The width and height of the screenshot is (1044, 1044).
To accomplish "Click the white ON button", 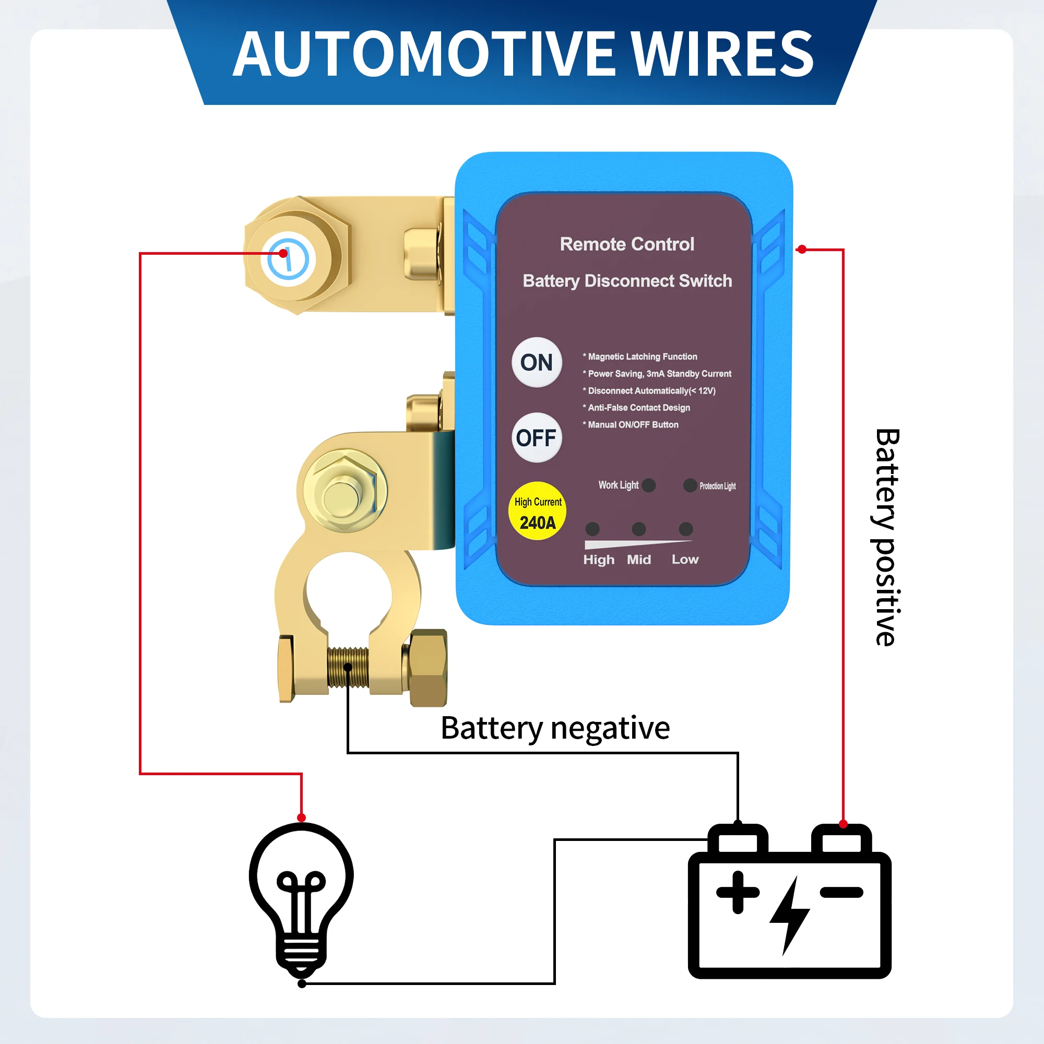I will click(537, 363).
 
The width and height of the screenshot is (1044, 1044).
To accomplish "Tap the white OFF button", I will click(537, 438).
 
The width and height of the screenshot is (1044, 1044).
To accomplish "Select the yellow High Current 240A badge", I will click(537, 511).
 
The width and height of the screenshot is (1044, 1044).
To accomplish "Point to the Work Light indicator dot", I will click(649, 485).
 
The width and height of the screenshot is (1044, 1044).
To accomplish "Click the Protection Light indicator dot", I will click(690, 485).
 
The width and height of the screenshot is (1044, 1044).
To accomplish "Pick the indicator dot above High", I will click(592, 528).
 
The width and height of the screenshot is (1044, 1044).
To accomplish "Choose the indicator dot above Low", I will click(686, 528).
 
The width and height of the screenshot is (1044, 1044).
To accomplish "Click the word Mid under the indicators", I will click(639, 560).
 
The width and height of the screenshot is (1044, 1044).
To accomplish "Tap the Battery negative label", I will click(555, 728).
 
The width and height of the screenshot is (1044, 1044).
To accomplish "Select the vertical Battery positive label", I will click(887, 537).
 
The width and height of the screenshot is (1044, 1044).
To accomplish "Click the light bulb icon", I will click(302, 897).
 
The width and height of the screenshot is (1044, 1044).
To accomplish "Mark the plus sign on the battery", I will click(738, 893).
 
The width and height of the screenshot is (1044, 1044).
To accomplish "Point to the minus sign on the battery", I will click(841, 893).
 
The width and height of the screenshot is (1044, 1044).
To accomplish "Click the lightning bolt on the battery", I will click(789, 916).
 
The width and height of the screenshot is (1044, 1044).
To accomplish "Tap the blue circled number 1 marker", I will click(288, 259).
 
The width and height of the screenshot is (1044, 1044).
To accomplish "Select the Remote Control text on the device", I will click(627, 244).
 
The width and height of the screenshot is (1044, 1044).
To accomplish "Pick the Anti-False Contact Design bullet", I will click(638, 408).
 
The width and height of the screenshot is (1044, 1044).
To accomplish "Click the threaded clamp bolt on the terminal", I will click(348, 668).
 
